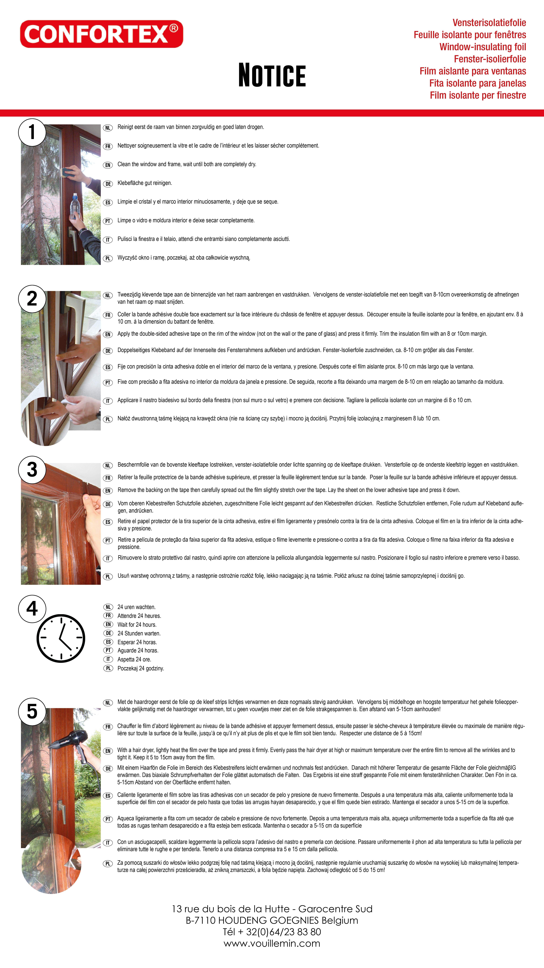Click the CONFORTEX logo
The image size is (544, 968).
pos(101,34)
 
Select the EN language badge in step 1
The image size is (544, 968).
pos(108,165)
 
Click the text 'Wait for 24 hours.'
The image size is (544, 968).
pos(137,624)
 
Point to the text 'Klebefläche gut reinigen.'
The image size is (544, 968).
pos(145,183)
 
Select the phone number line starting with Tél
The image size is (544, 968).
pos(272,932)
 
